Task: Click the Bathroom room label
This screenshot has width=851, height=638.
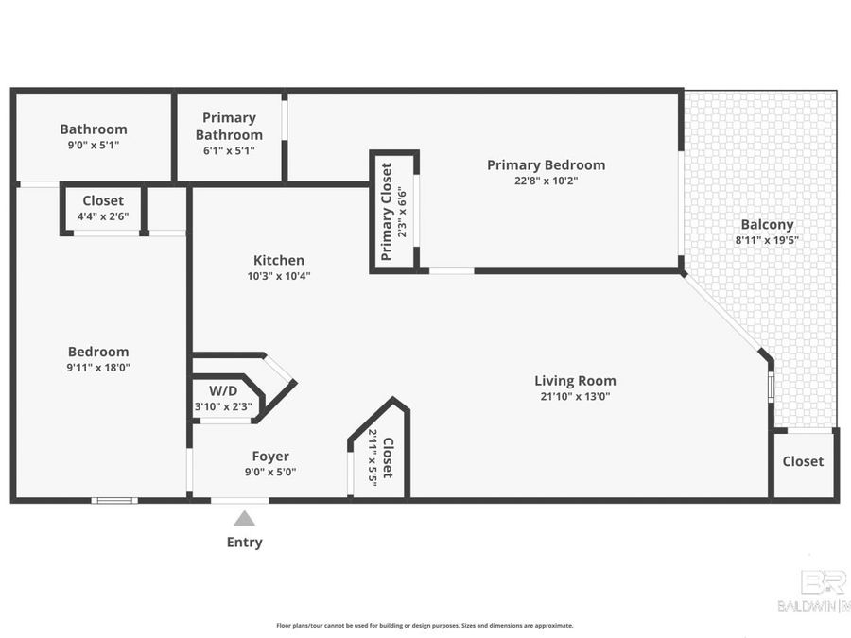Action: tap(93, 129)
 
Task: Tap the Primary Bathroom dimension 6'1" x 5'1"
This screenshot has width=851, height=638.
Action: tap(229, 149)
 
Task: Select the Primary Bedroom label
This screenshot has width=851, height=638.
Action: tap(546, 164)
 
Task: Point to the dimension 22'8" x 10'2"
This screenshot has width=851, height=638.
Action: tap(546, 181)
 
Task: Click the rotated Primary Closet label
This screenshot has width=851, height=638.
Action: tap(387, 212)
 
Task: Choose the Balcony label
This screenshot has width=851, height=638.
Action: tap(766, 225)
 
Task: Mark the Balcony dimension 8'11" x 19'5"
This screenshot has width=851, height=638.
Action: tap(766, 240)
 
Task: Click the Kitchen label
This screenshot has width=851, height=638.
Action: tap(278, 260)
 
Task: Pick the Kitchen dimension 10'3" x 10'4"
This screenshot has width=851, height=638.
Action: tap(278, 276)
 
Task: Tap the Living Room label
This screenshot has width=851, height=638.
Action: tap(575, 381)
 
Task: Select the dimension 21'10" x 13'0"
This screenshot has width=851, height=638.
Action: tap(575, 396)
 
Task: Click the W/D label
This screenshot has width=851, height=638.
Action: tap(223, 389)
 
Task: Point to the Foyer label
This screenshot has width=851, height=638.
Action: tap(270, 456)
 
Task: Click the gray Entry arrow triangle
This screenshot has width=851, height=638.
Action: tap(244, 518)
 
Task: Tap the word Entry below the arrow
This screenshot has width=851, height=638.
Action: tap(244, 543)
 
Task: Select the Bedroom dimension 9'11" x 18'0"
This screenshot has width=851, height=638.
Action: tap(97, 368)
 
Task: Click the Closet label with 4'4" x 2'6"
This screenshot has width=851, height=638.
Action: tap(102, 200)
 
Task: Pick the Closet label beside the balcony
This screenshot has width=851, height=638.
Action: tap(803, 461)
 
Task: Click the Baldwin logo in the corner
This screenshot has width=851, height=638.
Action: tap(813, 591)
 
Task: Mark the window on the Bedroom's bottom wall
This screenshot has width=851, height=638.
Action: tap(114, 500)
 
